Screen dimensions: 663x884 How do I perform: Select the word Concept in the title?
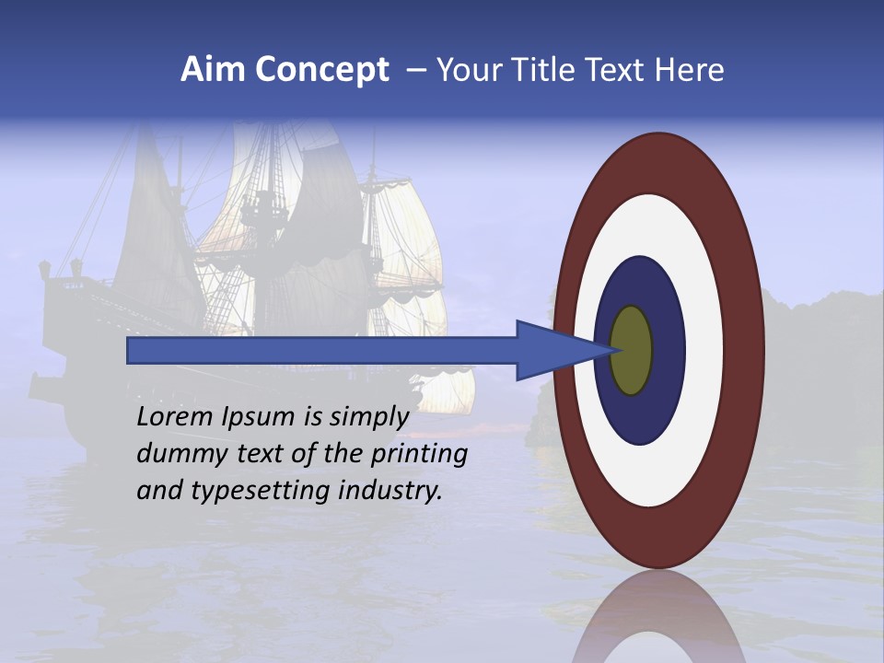click(323, 71)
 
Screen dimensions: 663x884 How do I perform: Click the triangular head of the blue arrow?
click(552, 350)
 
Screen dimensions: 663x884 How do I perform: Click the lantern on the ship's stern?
click(45, 270)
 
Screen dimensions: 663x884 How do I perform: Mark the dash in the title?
click(416, 70)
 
